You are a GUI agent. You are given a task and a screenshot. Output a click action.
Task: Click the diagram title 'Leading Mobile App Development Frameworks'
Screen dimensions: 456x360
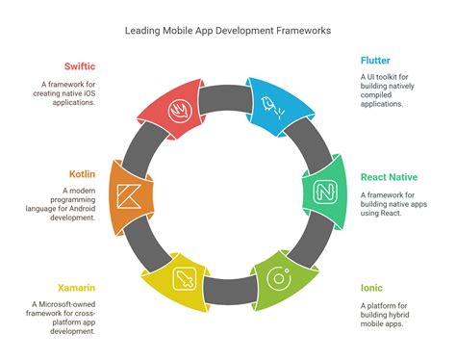[228, 31]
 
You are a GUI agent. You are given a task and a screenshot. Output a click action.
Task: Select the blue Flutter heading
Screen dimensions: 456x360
[376, 60]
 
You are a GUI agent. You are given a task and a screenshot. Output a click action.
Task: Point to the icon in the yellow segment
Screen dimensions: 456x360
[183, 279]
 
